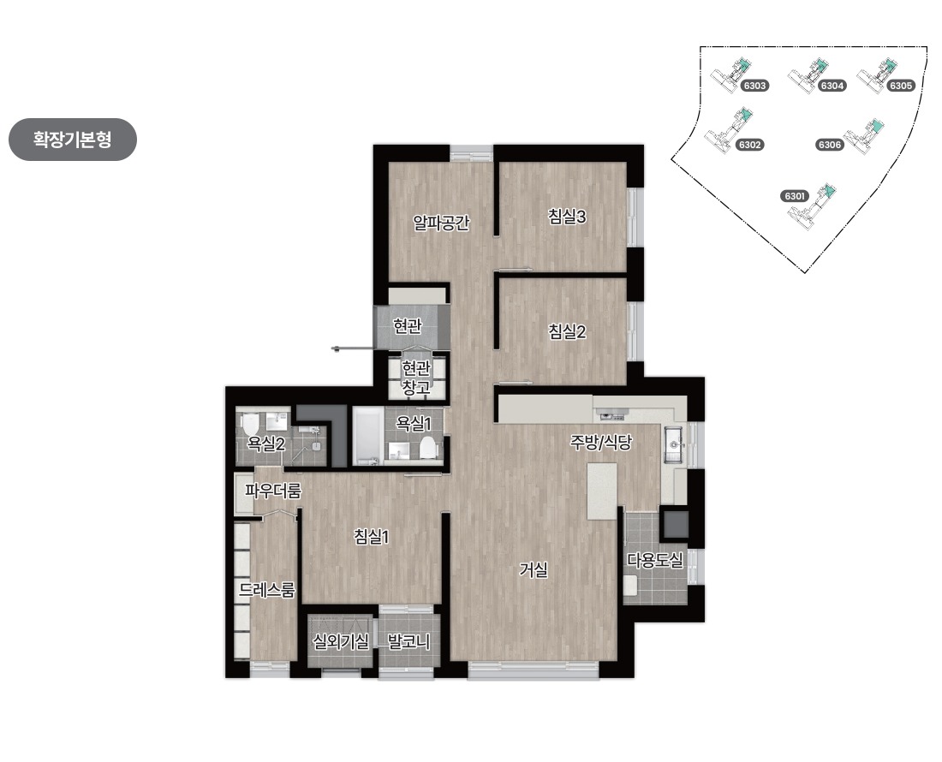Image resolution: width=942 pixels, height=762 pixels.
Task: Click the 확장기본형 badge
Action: click(x=73, y=140)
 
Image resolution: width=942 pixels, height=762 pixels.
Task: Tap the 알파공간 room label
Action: click(x=441, y=223)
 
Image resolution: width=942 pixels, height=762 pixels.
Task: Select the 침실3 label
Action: click(x=567, y=216)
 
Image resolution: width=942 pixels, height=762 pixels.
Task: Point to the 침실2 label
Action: click(x=567, y=330)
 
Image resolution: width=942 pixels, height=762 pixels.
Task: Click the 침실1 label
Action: click(x=372, y=536)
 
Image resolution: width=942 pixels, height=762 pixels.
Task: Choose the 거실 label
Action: click(x=534, y=569)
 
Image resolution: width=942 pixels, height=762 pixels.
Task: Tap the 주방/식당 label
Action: click(x=601, y=443)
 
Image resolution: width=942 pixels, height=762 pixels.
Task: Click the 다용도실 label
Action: click(x=655, y=560)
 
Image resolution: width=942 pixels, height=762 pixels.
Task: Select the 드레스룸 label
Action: click(x=266, y=590)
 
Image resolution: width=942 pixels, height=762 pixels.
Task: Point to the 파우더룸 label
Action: click(x=272, y=491)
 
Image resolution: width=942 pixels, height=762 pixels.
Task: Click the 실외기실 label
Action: click(x=341, y=641)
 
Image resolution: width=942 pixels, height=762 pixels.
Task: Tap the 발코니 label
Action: click(x=408, y=641)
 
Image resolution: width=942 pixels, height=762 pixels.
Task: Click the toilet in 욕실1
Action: click(x=427, y=447)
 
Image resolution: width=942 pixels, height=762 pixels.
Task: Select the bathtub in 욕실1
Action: click(x=367, y=436)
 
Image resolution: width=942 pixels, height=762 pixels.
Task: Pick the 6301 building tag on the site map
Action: click(x=794, y=196)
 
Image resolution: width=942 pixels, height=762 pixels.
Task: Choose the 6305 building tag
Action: click(x=901, y=86)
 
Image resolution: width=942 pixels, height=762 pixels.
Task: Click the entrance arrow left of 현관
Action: click(x=353, y=348)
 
